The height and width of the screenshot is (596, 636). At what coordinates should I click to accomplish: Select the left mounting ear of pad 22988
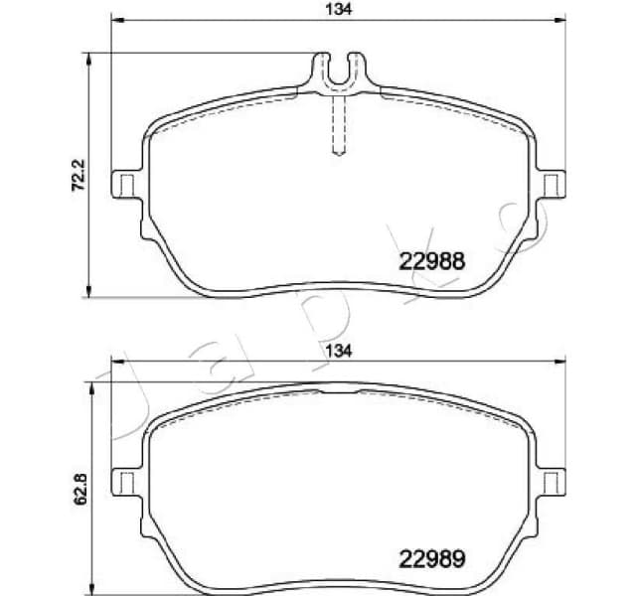(125, 185)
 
